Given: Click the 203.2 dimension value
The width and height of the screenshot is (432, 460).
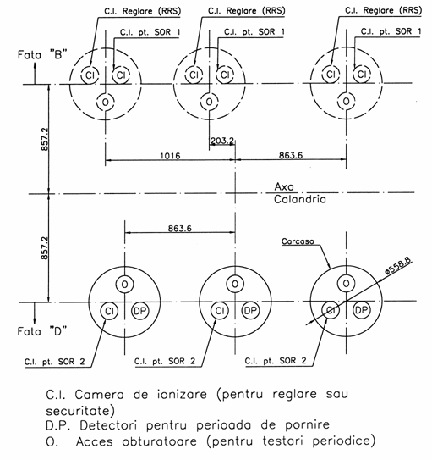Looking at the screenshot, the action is click(222, 141).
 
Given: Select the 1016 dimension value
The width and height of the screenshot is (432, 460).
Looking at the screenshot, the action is click(170, 156).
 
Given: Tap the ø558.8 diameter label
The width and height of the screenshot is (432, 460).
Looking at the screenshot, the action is click(398, 266).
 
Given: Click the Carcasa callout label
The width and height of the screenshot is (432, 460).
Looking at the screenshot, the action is click(298, 241).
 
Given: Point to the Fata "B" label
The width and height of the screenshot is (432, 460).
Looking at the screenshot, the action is click(42, 54).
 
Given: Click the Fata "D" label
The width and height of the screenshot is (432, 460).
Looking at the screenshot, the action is click(42, 331).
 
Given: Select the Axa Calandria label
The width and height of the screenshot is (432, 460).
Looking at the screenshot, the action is click(300, 193).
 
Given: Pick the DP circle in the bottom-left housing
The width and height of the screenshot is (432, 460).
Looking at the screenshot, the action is click(140, 311).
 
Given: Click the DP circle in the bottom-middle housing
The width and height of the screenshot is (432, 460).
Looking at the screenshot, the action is click(250, 310).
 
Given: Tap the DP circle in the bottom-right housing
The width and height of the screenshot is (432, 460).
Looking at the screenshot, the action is click(362, 310).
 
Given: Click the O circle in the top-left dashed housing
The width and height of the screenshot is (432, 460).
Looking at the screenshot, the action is click(106, 103).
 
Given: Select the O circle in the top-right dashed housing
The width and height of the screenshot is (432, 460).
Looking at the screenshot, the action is click(347, 101).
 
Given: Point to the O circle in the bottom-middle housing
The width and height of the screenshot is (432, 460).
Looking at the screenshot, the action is click(235, 284).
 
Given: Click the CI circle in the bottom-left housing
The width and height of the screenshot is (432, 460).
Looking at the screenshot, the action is click(109, 311).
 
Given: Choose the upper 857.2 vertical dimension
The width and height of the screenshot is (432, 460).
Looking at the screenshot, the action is click(45, 139).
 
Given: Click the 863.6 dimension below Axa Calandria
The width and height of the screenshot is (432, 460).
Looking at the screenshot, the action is click(180, 228).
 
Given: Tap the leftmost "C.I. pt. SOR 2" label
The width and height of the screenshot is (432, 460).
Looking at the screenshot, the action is click(54, 362).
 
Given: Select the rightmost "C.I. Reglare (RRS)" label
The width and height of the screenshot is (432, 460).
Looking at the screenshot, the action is click(384, 10).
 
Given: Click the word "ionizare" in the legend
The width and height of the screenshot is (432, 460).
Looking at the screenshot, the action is click(182, 394).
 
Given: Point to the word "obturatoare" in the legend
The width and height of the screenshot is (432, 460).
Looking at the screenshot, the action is click(159, 441).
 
